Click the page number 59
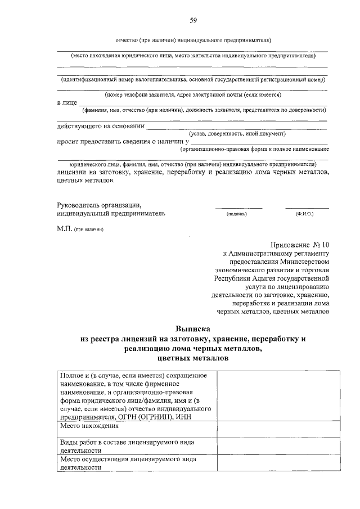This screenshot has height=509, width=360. (x=192, y=21)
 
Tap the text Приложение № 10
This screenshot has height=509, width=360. (x=299, y=245)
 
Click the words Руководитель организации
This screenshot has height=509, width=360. (x=99, y=205)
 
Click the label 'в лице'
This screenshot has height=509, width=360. (x=66, y=103)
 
